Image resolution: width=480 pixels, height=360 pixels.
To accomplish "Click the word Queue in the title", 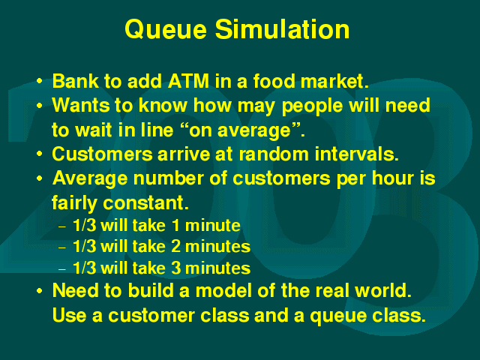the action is click(x=166, y=30).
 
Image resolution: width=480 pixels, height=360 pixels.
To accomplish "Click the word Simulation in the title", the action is click(x=282, y=29).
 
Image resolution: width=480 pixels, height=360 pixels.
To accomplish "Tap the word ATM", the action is click(x=188, y=81).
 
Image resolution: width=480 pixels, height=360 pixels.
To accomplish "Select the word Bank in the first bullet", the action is click(x=76, y=81).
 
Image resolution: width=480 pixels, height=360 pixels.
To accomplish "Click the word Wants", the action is click(x=81, y=105).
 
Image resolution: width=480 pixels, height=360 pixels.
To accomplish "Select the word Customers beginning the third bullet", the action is click(x=102, y=154).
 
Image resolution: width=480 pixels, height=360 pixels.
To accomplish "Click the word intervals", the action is click(x=357, y=154).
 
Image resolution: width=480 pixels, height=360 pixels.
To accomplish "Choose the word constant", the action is click(x=145, y=202).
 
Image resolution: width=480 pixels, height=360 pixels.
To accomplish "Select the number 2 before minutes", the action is click(x=175, y=247).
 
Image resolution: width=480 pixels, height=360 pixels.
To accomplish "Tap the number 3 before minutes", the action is click(x=176, y=268).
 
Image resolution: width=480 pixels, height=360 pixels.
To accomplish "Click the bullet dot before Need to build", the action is click(x=40, y=290).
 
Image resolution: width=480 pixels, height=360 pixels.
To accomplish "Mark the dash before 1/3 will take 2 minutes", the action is click(x=62, y=247).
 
